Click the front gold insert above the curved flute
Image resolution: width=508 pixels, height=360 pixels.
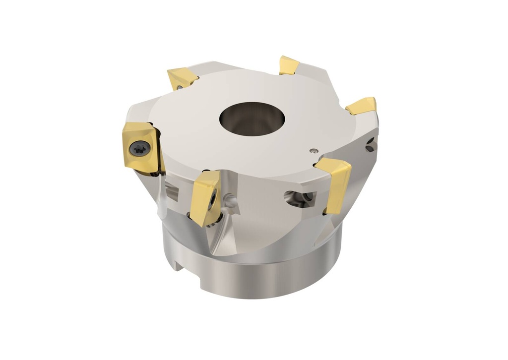tap(205, 196)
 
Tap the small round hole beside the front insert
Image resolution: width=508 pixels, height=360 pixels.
tap(231, 200)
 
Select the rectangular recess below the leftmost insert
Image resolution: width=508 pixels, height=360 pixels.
tap(171, 191)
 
